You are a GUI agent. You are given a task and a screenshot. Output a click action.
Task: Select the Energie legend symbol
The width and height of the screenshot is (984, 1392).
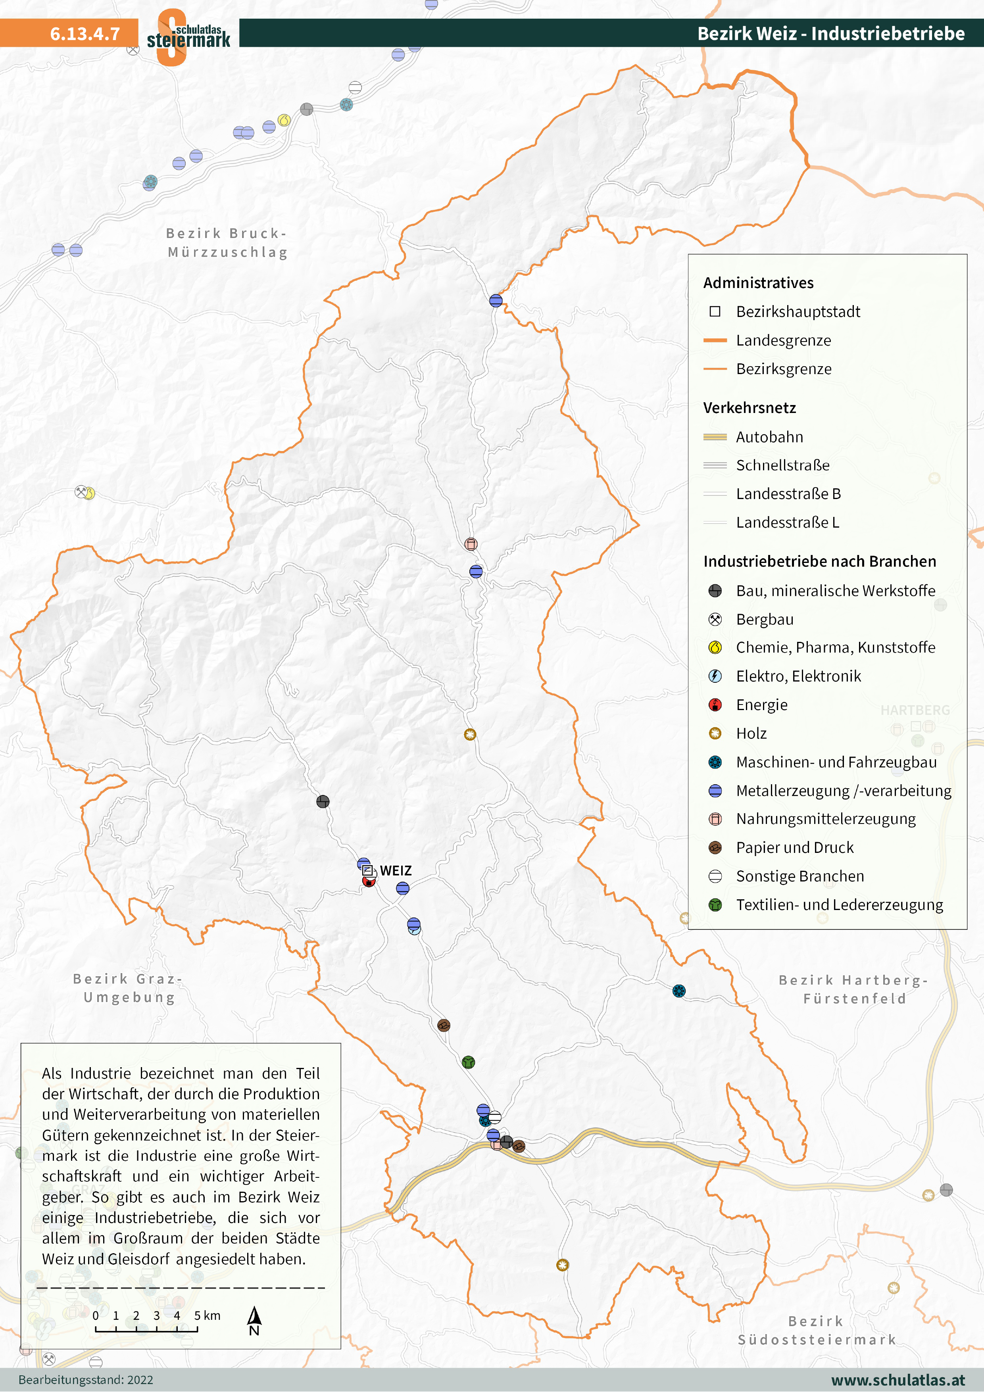point(715,705)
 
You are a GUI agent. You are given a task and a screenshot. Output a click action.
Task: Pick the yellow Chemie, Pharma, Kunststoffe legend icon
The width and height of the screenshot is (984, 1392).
point(715,647)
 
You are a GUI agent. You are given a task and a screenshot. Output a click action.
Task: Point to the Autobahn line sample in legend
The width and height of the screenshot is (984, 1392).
point(715,437)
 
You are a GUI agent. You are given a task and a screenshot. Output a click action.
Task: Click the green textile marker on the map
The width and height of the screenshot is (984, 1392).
point(468,1062)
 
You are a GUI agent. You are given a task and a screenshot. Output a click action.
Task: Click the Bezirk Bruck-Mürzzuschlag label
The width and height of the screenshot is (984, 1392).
point(227,242)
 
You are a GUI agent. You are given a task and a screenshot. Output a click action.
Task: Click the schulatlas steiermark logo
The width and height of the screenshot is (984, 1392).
point(188,36)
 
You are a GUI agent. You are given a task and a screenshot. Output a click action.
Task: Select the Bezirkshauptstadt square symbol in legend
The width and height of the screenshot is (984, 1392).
point(715,312)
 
